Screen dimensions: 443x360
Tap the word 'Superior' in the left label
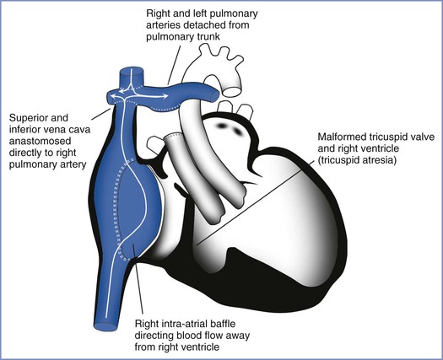pos(39,118)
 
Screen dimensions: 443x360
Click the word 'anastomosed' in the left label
pos(40,141)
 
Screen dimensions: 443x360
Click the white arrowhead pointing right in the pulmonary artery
pos(165,97)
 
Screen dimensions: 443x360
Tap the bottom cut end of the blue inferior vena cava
pos(105,326)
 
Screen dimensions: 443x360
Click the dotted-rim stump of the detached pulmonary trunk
pos(174,137)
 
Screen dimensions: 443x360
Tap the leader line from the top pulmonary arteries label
pos(175,64)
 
